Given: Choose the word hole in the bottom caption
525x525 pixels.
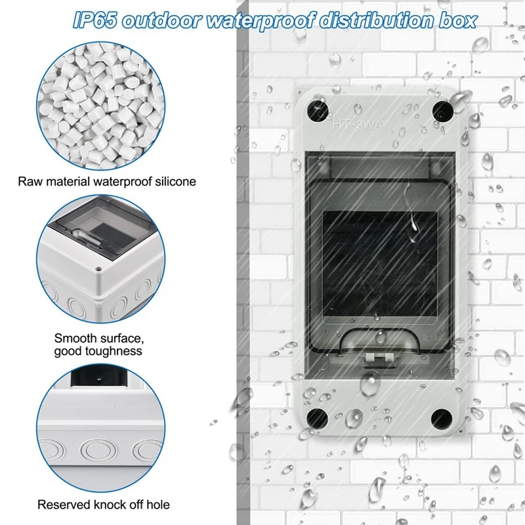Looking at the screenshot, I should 157,505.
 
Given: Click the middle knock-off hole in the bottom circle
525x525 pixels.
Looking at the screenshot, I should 95,451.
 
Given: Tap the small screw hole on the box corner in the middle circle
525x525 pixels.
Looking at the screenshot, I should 98,268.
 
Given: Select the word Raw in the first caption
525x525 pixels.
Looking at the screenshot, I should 30,181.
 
